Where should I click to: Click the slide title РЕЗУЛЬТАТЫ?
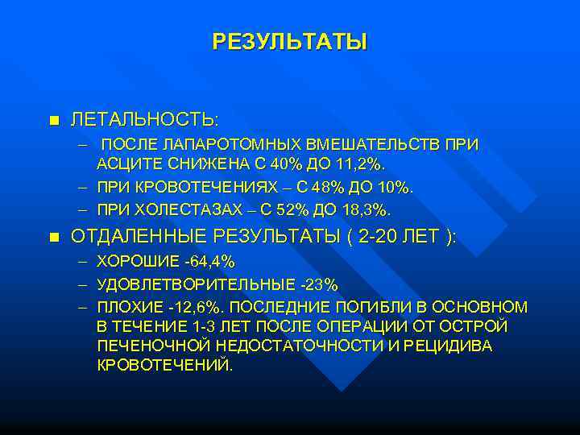pos(289,42)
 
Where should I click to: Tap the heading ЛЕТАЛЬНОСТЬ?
pos(144,120)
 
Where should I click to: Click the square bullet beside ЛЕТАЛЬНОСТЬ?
pos(54,121)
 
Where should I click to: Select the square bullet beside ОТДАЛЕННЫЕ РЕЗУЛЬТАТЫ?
pos(54,237)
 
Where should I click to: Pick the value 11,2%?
pos(365,164)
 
